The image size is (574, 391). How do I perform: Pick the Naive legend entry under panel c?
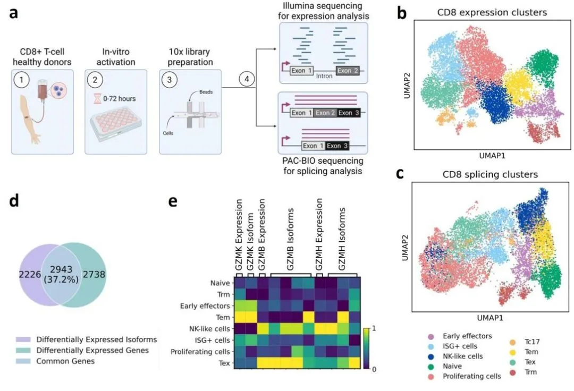click(447, 366)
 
